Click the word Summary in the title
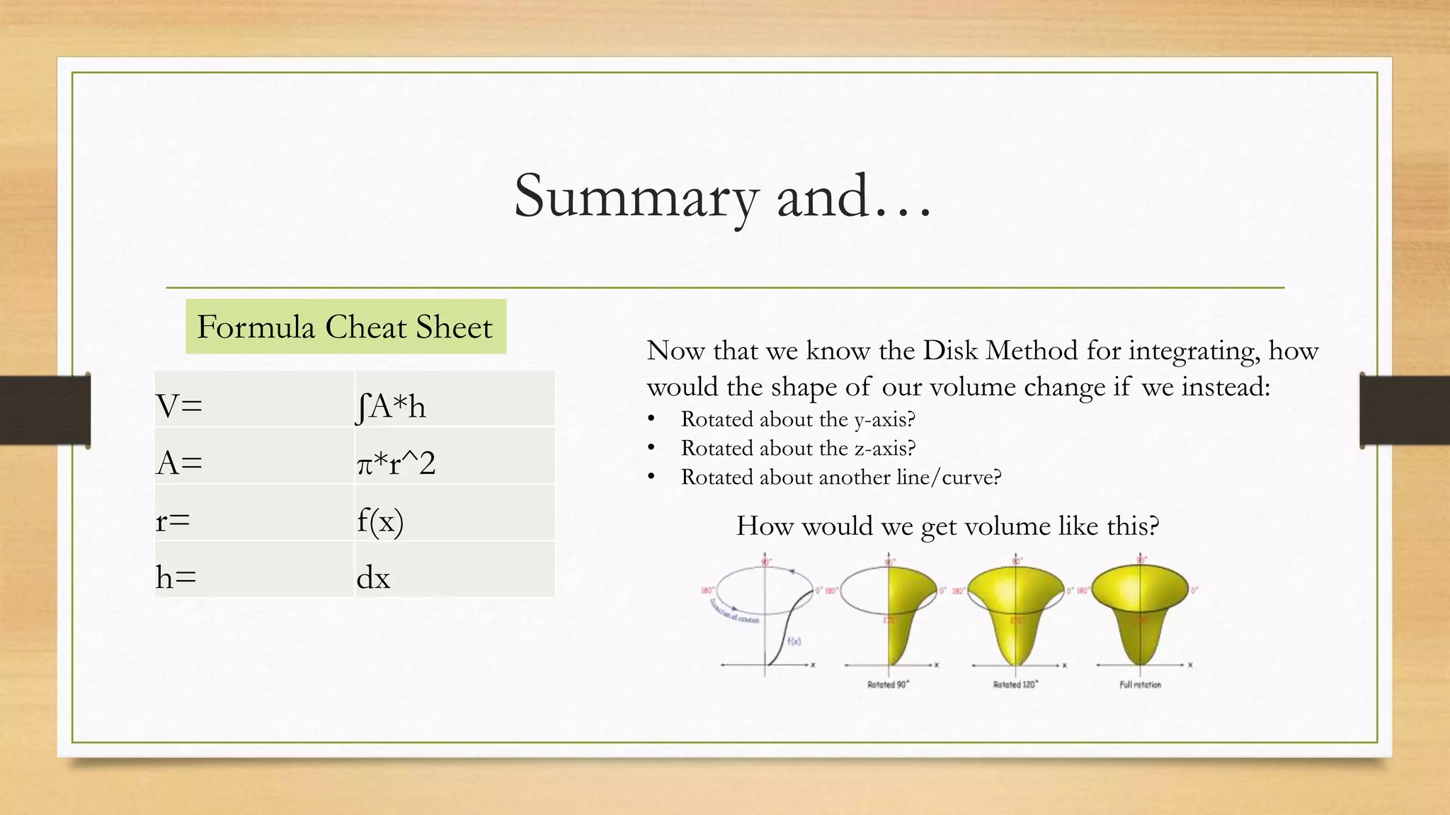click(x=636, y=197)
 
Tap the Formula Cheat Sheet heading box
click(x=346, y=327)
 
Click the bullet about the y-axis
click(x=798, y=420)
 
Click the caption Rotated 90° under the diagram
click(x=888, y=685)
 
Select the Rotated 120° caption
click(x=1015, y=685)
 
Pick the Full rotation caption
click(x=1140, y=685)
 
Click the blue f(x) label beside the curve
click(x=794, y=642)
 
